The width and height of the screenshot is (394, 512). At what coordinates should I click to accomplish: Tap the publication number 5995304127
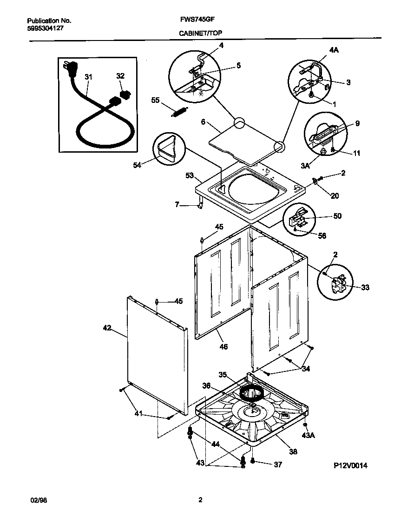45,28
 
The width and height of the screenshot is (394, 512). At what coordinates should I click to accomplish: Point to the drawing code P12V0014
350,465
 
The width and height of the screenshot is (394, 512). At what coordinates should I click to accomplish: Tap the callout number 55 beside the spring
155,100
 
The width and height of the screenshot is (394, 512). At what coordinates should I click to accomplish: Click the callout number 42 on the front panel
107,328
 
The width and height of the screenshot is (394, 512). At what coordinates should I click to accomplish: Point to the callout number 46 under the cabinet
224,347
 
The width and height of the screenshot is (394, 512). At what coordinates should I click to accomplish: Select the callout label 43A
308,436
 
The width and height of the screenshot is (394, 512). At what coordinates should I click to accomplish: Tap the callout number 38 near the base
292,451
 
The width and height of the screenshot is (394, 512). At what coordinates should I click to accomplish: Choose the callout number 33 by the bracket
365,288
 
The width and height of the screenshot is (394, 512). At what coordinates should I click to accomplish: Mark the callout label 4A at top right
334,50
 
